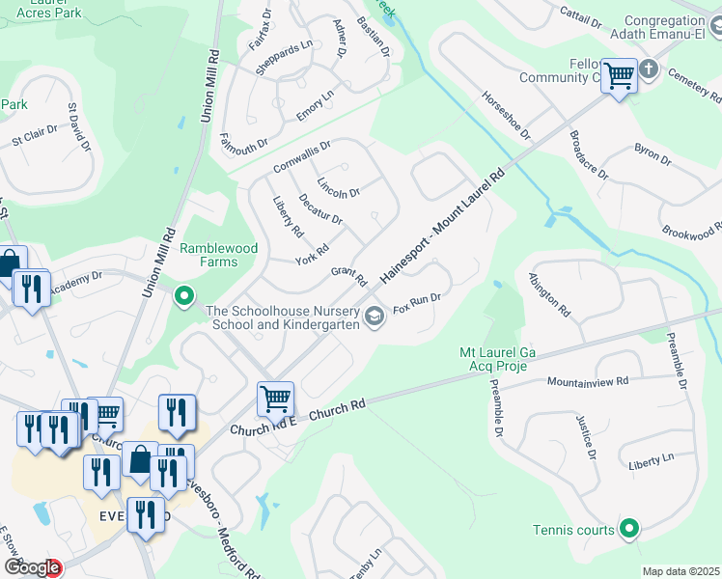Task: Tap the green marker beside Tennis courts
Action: pos(629,529)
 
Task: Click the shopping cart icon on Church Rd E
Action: pos(276,397)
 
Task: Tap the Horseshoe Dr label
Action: pos(507,115)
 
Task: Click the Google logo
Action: pos(31,568)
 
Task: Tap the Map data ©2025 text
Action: pos(680,571)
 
